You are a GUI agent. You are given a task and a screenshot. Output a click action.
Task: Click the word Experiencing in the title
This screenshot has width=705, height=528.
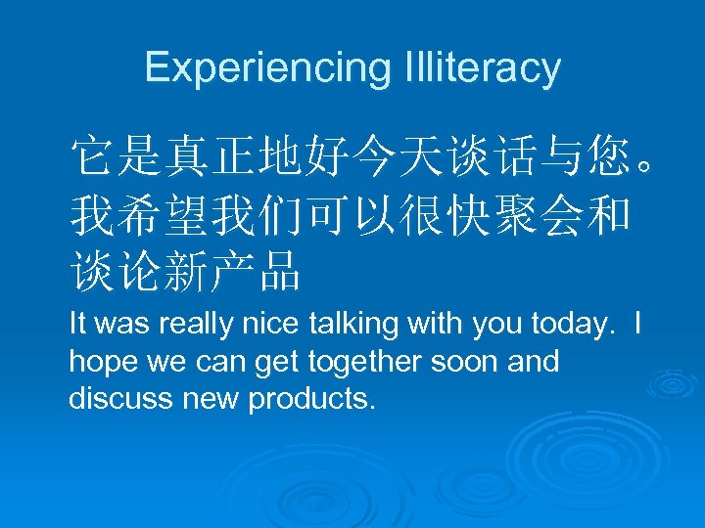[266, 67]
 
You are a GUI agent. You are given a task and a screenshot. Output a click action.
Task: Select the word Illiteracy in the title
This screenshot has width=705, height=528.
[481, 67]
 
